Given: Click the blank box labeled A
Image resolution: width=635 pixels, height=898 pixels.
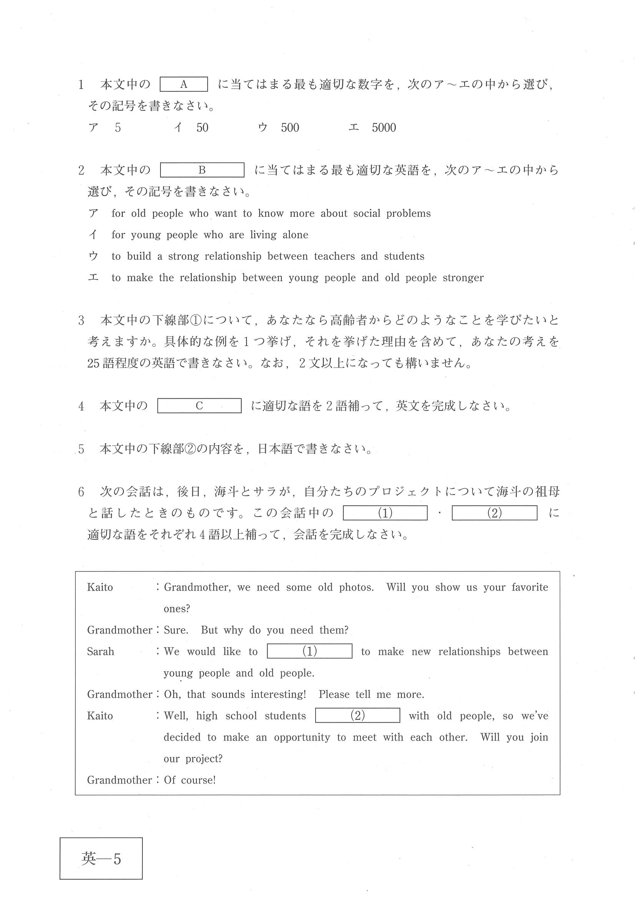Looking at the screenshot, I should [184, 84].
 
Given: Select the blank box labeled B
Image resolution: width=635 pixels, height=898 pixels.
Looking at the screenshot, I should [202, 170].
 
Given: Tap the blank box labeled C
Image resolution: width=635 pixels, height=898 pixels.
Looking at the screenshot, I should [199, 406].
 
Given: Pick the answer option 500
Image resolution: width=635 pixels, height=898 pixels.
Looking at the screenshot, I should [289, 127].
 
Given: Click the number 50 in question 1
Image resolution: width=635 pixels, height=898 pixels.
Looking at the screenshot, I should [202, 127].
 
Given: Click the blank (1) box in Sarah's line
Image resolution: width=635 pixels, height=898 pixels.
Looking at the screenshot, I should [309, 651].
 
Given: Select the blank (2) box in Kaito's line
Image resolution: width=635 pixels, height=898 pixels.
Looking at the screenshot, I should [357, 716].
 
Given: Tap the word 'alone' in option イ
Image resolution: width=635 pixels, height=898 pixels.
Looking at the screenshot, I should [295, 234].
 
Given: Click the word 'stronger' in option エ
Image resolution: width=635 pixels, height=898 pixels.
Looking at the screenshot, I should [463, 278].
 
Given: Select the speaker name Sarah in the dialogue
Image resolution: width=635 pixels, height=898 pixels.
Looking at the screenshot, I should [101, 652].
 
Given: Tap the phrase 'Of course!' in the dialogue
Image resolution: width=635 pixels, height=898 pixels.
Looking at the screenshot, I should [190, 780].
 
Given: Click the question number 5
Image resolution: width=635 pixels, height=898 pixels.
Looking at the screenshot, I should [81, 449].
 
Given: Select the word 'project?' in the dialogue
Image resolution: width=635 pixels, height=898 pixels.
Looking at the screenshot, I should [204, 759].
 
